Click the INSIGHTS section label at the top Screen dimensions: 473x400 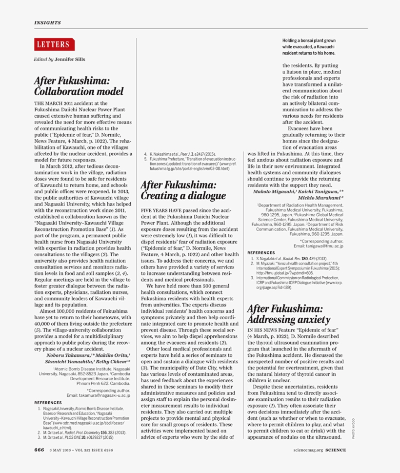point(47,22)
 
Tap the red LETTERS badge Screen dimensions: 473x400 point(54,44)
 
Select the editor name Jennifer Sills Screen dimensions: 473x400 point(70,60)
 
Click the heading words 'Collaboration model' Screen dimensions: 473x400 point(79,91)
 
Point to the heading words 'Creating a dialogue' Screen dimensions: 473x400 point(183,196)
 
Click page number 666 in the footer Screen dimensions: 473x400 point(39,450)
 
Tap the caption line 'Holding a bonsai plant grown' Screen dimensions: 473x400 point(309,41)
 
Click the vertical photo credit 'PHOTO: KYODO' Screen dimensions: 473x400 point(354,427)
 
